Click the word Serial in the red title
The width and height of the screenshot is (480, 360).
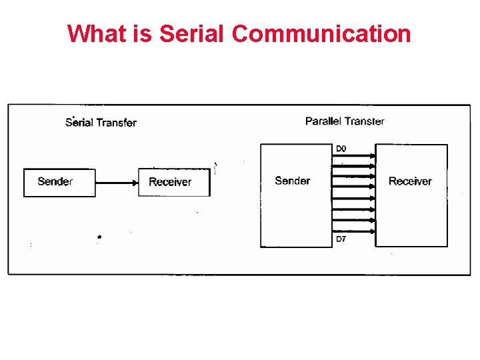pyautogui.click(x=190, y=33)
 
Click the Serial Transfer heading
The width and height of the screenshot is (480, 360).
pyautogui.click(x=101, y=122)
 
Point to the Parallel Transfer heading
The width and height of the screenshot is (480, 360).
pyautogui.click(x=345, y=121)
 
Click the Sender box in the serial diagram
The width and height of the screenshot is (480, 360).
pyautogui.click(x=59, y=182)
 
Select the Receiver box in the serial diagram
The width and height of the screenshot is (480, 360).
pyautogui.click(x=174, y=182)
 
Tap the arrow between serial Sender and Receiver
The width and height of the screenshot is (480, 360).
pyautogui.click(x=117, y=182)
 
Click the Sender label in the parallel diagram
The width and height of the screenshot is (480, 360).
pyautogui.click(x=292, y=181)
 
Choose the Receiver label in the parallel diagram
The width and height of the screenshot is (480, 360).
pyautogui.click(x=410, y=181)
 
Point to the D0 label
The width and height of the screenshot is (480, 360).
pyautogui.click(x=341, y=148)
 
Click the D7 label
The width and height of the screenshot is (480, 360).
pyautogui.click(x=341, y=239)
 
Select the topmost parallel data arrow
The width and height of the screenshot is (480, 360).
pyautogui.click(x=353, y=156)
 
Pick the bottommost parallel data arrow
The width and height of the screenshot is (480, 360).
pyautogui.click(x=353, y=231)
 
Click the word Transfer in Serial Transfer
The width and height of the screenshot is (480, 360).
pyautogui.click(x=116, y=122)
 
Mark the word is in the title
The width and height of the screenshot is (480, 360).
pyautogui.click(x=143, y=33)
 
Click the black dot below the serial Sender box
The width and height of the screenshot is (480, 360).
pyautogui.click(x=99, y=237)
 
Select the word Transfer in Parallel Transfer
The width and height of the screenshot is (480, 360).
pyautogui.click(x=365, y=121)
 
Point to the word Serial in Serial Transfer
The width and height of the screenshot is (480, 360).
pyautogui.click(x=79, y=122)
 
